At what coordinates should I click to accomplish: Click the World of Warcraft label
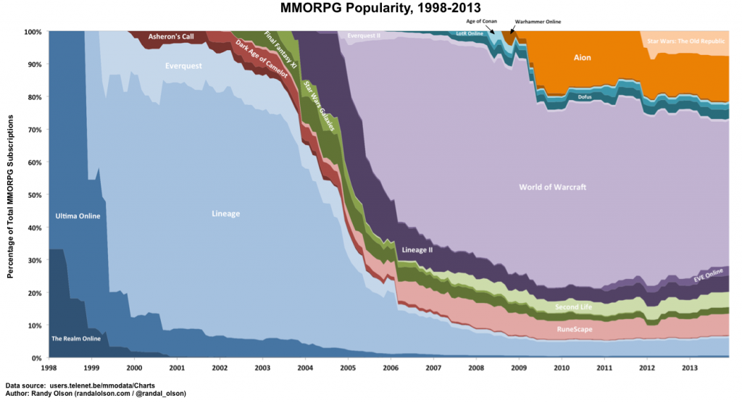click(552, 187)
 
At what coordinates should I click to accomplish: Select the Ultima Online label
click(78, 216)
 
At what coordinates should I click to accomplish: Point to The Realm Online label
click(76, 338)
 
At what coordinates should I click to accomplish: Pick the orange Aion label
click(582, 57)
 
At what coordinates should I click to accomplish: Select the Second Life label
click(573, 307)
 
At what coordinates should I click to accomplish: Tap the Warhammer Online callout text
click(538, 22)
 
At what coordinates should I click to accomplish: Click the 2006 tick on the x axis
click(391, 368)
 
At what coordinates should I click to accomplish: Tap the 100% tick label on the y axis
click(32, 32)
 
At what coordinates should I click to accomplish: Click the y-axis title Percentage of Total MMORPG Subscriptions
click(10, 195)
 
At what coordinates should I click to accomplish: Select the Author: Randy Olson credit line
click(96, 393)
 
